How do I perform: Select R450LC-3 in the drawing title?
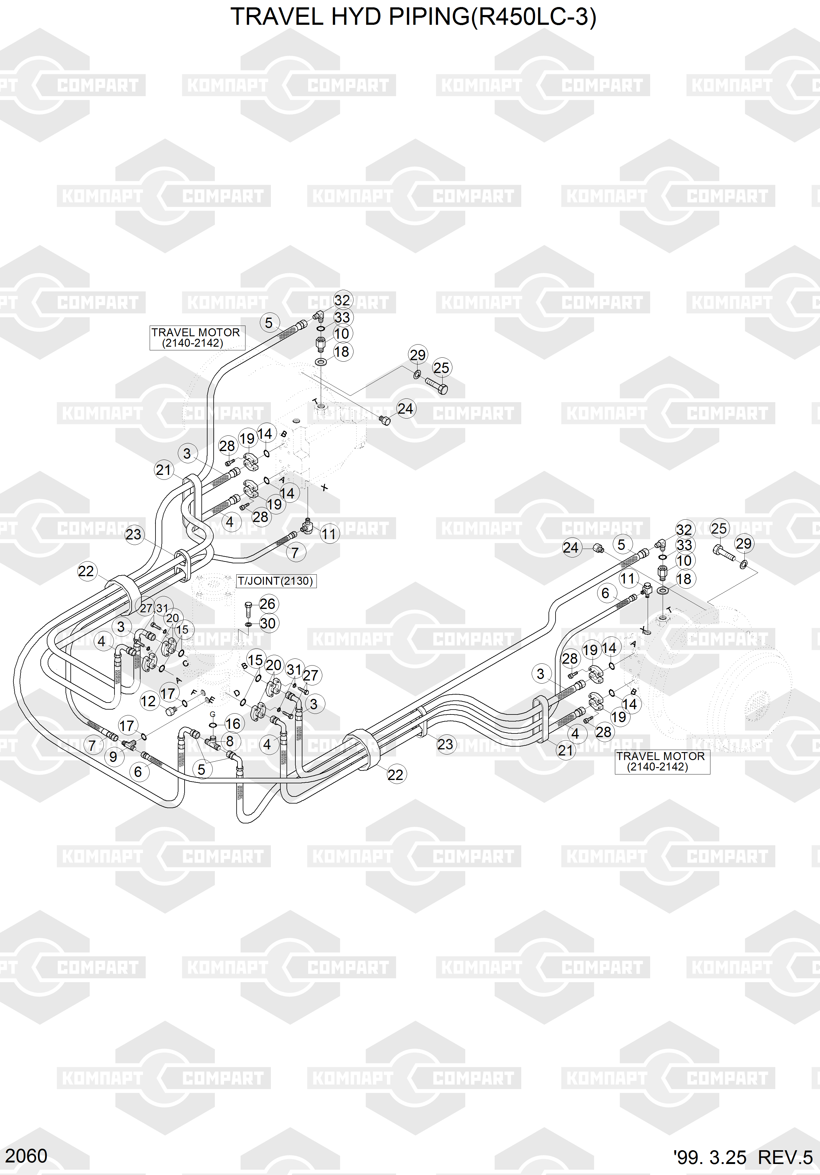tap(532, 17)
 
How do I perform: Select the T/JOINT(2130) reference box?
tap(275, 581)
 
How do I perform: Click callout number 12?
tap(148, 701)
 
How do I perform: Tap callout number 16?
tap(233, 724)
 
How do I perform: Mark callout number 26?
tap(267, 604)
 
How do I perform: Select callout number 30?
tap(268, 623)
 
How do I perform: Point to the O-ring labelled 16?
tap(213, 725)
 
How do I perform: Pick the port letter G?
tap(213, 714)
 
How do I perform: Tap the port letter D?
tap(237, 693)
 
